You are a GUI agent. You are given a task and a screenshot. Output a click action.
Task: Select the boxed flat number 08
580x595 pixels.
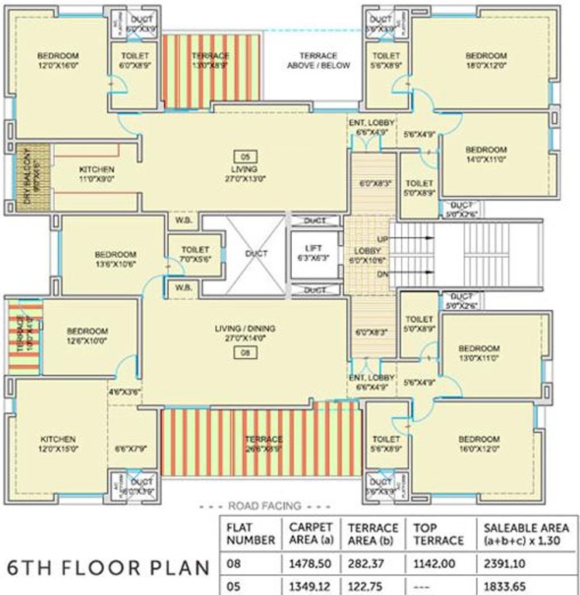(x=244, y=353)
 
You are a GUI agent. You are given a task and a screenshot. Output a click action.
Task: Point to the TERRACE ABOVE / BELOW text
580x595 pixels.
(x=318, y=61)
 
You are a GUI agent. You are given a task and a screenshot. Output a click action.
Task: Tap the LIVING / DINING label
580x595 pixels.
(x=244, y=328)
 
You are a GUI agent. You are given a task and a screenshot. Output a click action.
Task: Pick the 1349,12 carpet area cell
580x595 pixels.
(x=310, y=585)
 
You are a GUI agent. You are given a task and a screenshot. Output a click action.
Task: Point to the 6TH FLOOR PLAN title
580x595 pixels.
(x=108, y=567)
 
